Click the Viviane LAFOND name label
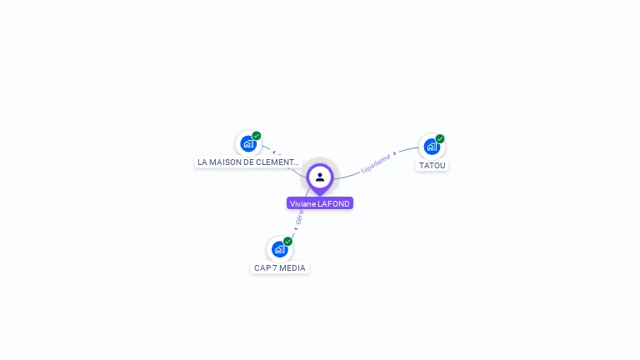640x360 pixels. pyautogui.click(x=320, y=203)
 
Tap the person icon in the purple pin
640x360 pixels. pyautogui.click(x=320, y=177)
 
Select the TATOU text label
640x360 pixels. pyautogui.click(x=432, y=165)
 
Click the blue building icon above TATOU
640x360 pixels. pyautogui.click(x=431, y=147)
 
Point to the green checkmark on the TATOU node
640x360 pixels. pyautogui.click(x=440, y=139)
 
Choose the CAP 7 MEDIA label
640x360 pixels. pyautogui.click(x=280, y=267)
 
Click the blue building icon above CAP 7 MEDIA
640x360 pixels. pyautogui.click(x=279, y=248)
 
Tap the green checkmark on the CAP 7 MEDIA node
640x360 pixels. pyautogui.click(x=287, y=241)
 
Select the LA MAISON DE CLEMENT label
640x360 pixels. pyautogui.click(x=247, y=162)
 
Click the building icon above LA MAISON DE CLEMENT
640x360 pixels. pyautogui.click(x=247, y=143)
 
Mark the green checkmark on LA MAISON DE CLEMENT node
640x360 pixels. pyautogui.click(x=257, y=136)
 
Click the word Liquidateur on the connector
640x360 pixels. pyautogui.click(x=376, y=163)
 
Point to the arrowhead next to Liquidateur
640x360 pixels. pyautogui.click(x=395, y=153)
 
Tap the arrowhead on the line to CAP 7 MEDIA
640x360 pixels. pyautogui.click(x=295, y=228)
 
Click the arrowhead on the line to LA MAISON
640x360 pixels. pyautogui.click(x=274, y=152)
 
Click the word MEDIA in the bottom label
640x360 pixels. pyautogui.click(x=292, y=267)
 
